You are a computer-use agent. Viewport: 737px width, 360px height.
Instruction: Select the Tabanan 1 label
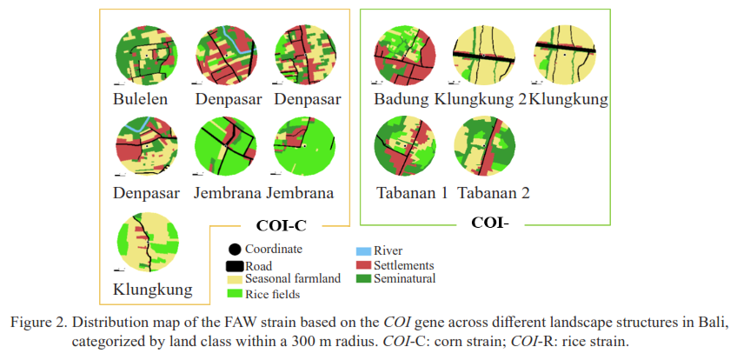pos(411,192)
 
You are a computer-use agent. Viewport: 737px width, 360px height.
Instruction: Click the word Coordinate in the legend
pos(274,249)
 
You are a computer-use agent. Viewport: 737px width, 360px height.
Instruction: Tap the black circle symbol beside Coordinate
pos(235,250)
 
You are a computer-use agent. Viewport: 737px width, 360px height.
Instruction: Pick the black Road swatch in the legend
pos(235,266)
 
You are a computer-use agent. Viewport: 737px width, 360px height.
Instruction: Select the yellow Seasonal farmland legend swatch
pos(235,279)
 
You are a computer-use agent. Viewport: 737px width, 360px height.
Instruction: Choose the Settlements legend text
pos(404,265)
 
